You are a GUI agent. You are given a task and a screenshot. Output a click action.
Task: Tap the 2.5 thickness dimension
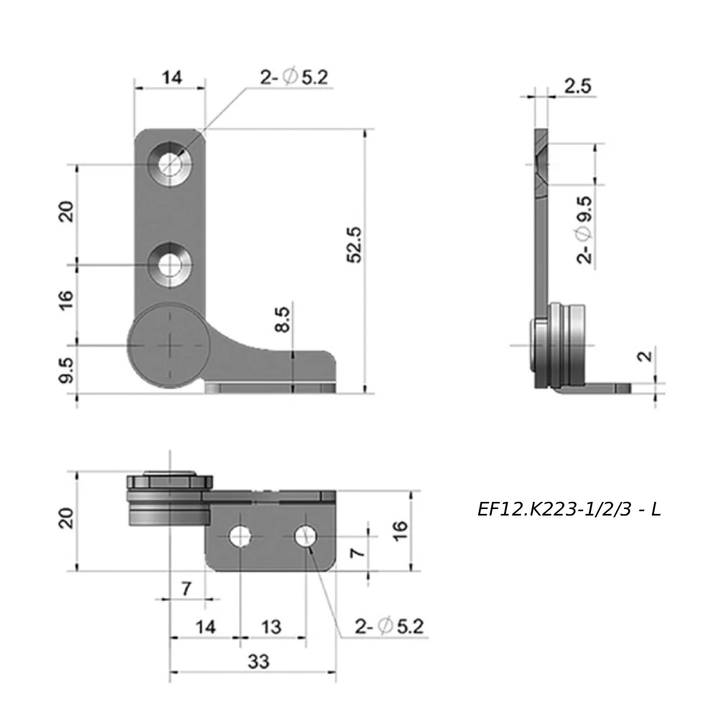coord(577,87)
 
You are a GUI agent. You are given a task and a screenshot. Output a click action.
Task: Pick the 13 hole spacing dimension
coord(271,627)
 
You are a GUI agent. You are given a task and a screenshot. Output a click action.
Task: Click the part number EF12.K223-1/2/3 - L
coord(569,510)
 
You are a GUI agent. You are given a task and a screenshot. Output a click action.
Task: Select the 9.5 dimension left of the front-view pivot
coord(66,370)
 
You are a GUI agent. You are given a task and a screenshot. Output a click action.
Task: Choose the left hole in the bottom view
coord(240,536)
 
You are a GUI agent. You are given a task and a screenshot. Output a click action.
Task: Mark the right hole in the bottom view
coord(306,536)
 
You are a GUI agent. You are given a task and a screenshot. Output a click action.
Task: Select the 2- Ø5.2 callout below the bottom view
coord(388,627)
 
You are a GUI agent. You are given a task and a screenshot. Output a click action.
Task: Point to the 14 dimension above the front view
coord(171,78)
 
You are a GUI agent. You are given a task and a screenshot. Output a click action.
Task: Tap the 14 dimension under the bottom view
coord(205,627)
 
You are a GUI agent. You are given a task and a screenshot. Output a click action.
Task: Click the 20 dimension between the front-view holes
coord(66,213)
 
